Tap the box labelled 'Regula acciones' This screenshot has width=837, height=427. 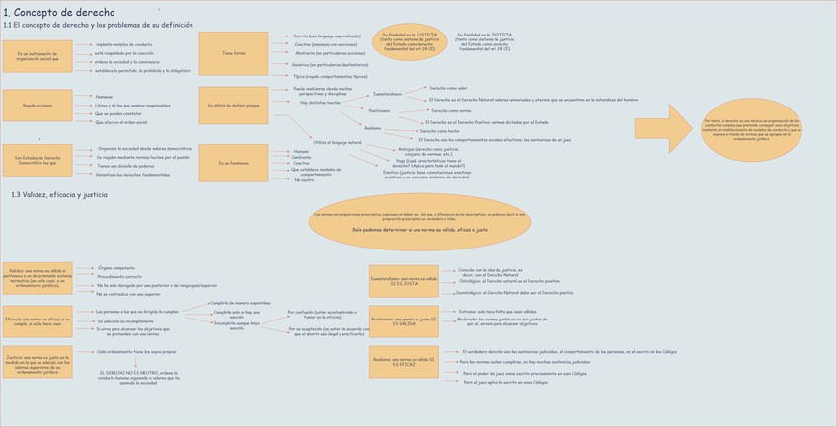point(38,105)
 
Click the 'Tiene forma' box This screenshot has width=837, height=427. point(233,53)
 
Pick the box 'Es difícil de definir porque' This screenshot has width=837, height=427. point(233,104)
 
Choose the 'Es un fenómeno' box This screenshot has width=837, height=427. point(233,163)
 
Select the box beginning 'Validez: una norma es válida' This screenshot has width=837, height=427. point(37,278)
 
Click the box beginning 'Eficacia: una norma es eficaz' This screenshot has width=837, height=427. point(37,323)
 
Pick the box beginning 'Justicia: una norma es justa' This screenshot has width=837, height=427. point(37,365)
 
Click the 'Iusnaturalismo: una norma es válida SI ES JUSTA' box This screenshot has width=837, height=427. point(403,280)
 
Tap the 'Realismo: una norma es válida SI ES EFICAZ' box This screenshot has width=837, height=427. point(403,362)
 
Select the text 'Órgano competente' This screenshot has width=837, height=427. point(117,267)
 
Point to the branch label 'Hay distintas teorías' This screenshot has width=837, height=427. point(319,102)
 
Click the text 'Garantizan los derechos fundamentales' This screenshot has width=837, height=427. point(133,175)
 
